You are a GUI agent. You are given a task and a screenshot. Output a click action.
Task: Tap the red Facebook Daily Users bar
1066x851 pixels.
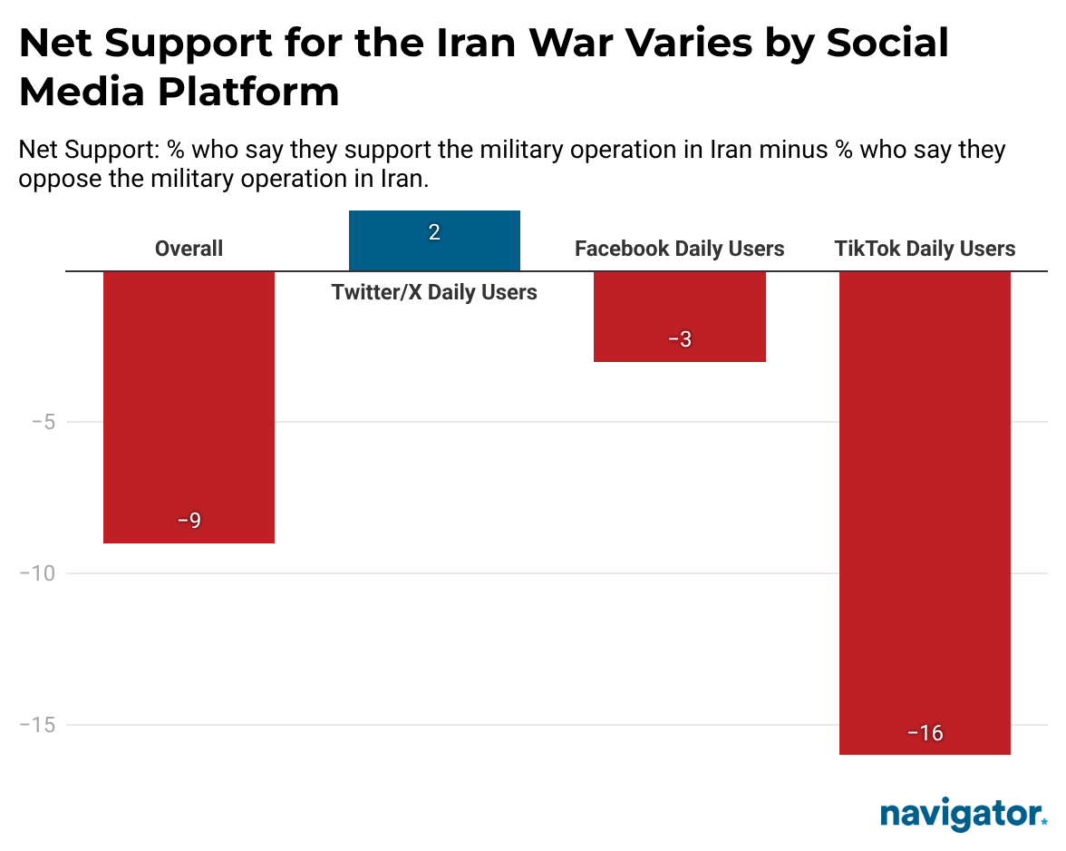(679, 316)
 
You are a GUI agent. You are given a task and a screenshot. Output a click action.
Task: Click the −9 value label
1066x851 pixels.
(189, 521)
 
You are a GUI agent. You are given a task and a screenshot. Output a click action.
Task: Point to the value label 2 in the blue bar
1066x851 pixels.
(434, 233)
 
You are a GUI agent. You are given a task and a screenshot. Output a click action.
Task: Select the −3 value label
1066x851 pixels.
(679, 339)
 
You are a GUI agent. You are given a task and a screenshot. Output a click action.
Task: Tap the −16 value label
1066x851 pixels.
(925, 732)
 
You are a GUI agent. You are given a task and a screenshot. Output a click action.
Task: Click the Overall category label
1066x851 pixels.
(189, 249)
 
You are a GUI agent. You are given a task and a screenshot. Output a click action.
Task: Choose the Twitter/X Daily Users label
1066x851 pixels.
(434, 292)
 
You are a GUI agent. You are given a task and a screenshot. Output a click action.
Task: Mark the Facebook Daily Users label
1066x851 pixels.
(679, 249)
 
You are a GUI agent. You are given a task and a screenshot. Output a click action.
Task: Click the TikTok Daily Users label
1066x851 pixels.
(925, 249)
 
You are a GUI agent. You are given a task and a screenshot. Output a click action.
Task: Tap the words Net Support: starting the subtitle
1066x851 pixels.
(89, 149)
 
